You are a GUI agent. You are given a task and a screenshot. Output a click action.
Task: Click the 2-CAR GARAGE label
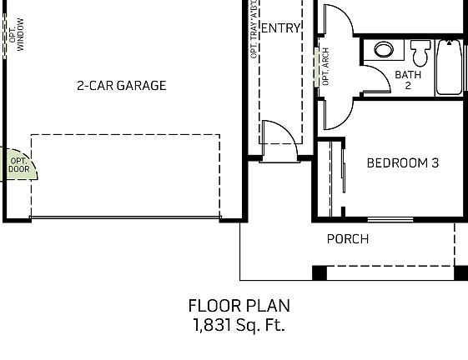121,85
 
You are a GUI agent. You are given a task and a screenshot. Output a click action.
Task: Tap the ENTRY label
280,28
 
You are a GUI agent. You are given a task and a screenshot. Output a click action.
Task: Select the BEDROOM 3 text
402,162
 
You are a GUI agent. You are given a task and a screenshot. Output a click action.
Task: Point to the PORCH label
347,239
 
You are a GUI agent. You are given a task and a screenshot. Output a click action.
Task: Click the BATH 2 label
408,80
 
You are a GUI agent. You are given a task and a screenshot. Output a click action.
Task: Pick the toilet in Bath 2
420,53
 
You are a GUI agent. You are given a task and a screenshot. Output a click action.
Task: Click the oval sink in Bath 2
384,50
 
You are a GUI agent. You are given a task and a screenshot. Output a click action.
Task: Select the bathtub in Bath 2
449,67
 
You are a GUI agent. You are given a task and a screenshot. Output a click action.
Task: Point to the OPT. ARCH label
325,67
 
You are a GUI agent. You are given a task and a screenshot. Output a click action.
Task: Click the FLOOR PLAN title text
239,306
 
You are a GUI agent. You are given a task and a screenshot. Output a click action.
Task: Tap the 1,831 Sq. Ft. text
239,325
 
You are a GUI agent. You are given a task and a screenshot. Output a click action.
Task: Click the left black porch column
320,272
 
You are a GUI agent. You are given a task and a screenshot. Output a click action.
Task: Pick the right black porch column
460,272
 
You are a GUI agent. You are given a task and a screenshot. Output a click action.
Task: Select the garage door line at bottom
125,219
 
